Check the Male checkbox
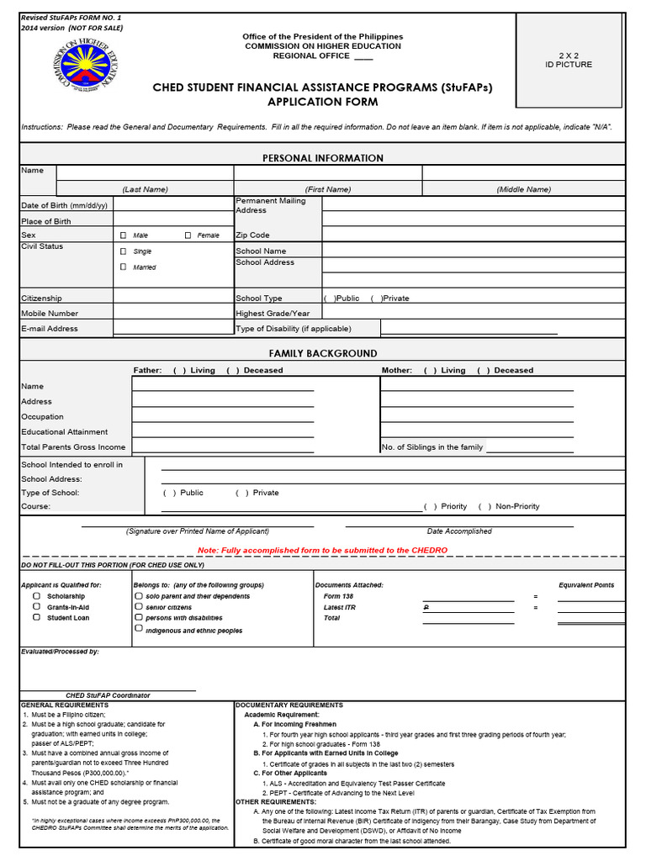pos(124,235)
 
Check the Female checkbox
pos(188,235)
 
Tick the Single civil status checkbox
pos(124,251)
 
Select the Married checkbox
pos(124,267)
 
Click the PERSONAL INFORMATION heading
pos(322,158)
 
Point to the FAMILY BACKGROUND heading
pos(322,353)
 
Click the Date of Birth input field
pos(172,205)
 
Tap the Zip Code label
pos(252,235)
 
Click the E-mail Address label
pos(50,329)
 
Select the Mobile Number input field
pos(172,313)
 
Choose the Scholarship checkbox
pos(37,596)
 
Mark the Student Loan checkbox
pos(37,617)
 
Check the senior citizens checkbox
pos(138,607)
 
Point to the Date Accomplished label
pos(459,531)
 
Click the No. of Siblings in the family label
pos(432,447)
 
